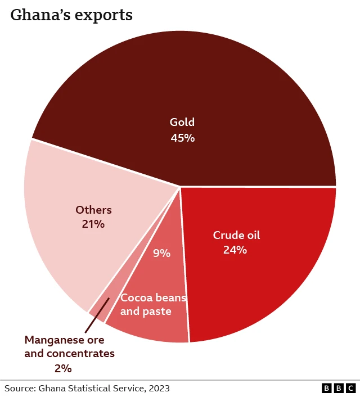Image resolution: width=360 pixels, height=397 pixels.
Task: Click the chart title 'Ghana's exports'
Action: (71, 15)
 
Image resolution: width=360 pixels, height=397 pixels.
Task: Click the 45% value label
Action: (182, 137)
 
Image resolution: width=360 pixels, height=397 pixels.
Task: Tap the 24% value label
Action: (235, 250)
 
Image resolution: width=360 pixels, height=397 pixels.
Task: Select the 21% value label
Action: (93, 224)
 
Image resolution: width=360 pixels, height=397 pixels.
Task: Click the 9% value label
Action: (161, 253)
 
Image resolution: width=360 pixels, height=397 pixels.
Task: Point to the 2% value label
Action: (63, 368)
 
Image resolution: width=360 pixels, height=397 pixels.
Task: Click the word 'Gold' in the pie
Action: (182, 122)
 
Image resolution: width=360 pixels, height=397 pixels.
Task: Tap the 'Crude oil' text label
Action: (236, 235)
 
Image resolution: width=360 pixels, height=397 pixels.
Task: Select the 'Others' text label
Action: (93, 210)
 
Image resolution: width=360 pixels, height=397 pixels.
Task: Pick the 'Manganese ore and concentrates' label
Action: (69, 347)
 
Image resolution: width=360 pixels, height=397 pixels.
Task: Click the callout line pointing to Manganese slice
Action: (97, 315)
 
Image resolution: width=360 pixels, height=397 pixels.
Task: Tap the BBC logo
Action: (339, 388)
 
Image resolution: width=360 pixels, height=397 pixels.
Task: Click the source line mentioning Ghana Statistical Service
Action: (87, 388)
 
